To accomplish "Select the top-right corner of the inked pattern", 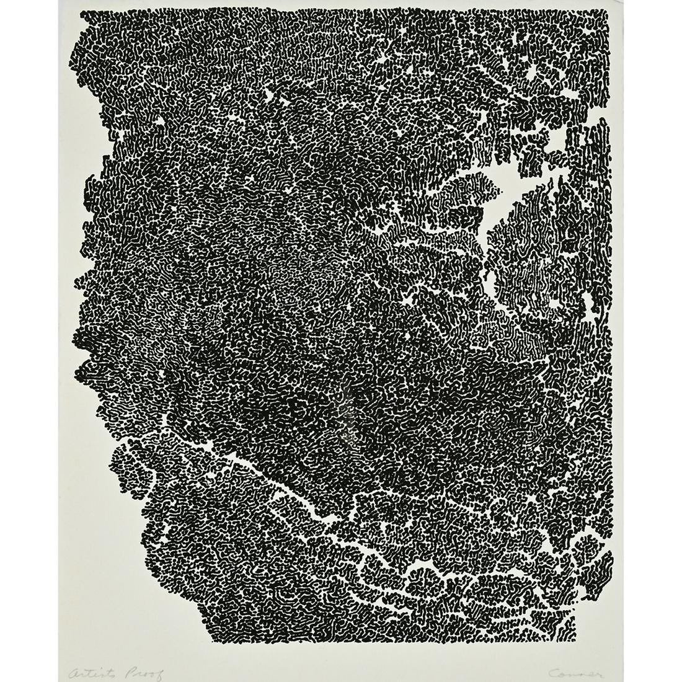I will pos(604,11).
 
